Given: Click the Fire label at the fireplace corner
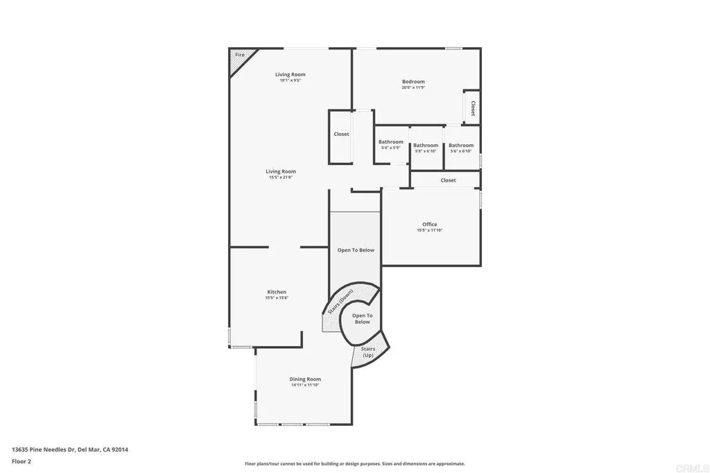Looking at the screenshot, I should pyautogui.click(x=240, y=55).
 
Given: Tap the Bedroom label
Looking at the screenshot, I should pyautogui.click(x=413, y=82).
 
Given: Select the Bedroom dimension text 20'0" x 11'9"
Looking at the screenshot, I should pyautogui.click(x=413, y=88).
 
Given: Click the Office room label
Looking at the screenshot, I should pyautogui.click(x=430, y=224).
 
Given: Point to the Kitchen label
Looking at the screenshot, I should pyautogui.click(x=277, y=292).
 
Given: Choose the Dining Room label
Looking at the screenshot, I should pyautogui.click(x=305, y=379).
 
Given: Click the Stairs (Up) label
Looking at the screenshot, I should pyautogui.click(x=368, y=352).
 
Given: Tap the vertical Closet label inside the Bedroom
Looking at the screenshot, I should pyautogui.click(x=473, y=108).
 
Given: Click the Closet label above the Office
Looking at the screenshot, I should pyautogui.click(x=449, y=180).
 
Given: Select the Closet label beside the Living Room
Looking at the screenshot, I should pyautogui.click(x=341, y=134).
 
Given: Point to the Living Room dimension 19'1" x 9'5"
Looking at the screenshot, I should pyautogui.click(x=290, y=80).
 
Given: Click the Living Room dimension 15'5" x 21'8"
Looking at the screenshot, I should pyautogui.click(x=281, y=178).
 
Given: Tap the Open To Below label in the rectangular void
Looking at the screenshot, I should pyautogui.click(x=356, y=250).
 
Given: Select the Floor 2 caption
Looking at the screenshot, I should pyautogui.click(x=21, y=461).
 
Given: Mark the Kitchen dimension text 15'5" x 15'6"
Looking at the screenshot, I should pyautogui.click(x=277, y=298).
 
